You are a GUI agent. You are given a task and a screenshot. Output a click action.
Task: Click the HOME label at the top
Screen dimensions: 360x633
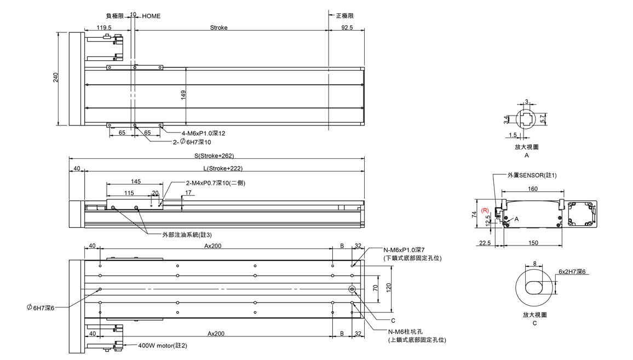coord(151,16)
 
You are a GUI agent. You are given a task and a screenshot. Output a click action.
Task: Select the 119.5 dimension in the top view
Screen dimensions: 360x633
coord(103,27)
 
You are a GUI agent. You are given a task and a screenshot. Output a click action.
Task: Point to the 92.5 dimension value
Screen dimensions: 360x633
coord(346,27)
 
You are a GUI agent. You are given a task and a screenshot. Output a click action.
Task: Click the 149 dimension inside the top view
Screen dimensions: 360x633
coord(183,95)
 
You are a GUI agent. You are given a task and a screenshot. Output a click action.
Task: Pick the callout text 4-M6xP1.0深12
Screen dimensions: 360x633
coord(203,133)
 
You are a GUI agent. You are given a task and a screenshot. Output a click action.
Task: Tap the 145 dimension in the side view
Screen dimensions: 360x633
coord(136,181)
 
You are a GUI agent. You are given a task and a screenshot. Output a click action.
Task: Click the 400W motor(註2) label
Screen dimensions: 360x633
coord(163,346)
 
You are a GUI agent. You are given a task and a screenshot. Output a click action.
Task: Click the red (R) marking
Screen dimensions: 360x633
coord(484,210)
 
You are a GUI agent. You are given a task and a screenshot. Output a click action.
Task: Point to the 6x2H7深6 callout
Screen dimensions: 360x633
coord(572,271)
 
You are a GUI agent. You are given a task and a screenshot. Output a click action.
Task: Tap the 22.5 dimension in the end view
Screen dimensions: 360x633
coord(484,243)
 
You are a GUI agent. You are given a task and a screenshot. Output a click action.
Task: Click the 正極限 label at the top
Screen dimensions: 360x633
coord(344,16)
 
